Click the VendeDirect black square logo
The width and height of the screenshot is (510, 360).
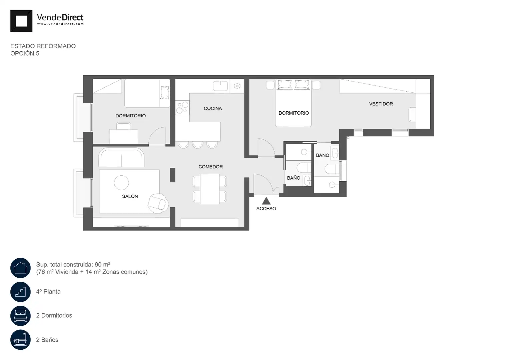[x=21, y=21]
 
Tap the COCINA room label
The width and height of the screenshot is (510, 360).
[x=213, y=108]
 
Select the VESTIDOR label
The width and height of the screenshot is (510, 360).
[x=381, y=104]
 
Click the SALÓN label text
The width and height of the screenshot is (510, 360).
[x=130, y=196]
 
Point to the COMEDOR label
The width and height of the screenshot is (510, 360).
[x=210, y=167]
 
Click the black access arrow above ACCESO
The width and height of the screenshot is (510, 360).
[x=266, y=201]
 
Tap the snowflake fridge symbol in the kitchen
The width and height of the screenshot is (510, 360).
[x=237, y=86]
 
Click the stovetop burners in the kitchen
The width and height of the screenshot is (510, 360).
[x=182, y=108]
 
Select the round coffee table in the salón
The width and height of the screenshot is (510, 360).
[x=121, y=183]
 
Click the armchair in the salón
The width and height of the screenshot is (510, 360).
[x=158, y=203]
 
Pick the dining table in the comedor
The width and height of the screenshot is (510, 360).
[x=210, y=189]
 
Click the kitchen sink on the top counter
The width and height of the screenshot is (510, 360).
[x=220, y=86]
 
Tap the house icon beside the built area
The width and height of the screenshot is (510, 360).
[x=20, y=268]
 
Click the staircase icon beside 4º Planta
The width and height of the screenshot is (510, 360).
[x=20, y=292]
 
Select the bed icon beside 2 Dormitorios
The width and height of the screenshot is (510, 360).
[x=20, y=316]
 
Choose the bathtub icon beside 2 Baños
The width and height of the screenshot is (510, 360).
[x=20, y=340]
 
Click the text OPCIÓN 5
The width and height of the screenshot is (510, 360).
[x=25, y=53]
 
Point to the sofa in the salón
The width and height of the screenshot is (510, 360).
[x=121, y=157]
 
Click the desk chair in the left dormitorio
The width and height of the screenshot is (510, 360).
[x=124, y=126]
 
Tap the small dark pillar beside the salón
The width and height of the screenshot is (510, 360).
[x=172, y=175]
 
